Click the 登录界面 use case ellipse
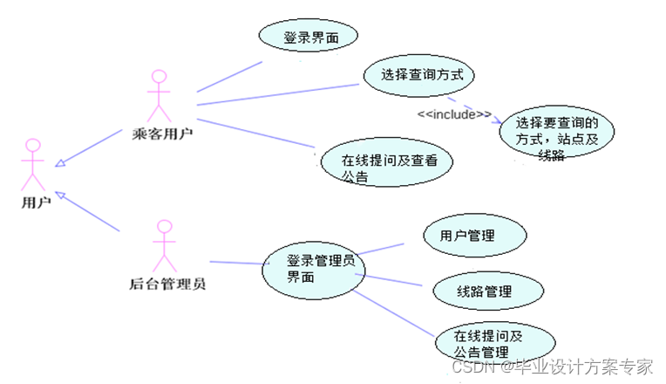point(309,37)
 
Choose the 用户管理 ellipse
point(475,236)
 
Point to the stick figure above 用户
point(33,164)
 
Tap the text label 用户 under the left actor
point(36,202)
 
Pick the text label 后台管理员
point(167,283)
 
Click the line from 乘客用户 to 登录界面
point(230,76)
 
